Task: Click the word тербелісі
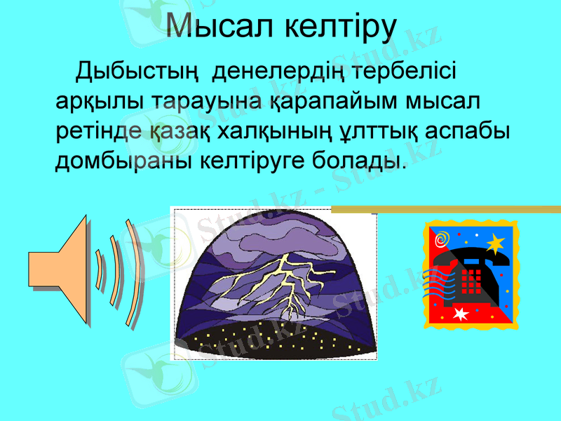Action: click(x=406, y=72)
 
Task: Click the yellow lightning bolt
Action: click(x=284, y=281)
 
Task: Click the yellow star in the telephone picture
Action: click(x=495, y=243)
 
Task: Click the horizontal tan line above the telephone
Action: click(x=445, y=209)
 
